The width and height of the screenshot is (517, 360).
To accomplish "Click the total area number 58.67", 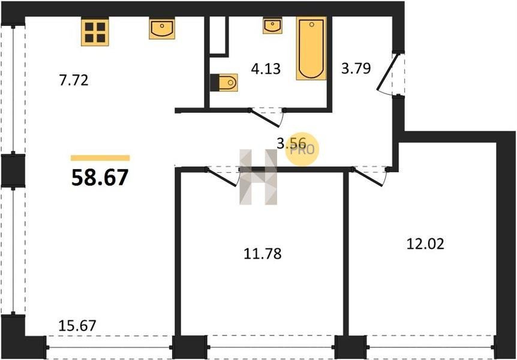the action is (100, 178).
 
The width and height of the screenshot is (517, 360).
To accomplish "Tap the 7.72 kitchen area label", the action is (74, 80).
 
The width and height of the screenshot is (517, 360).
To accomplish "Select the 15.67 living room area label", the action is (77, 326).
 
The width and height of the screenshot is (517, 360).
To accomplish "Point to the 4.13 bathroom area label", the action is (266, 69).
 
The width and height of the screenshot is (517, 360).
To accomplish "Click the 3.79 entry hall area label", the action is (356, 68).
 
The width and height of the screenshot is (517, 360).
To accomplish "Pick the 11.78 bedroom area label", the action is (263, 254).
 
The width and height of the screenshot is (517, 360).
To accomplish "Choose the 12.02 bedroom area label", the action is (425, 244).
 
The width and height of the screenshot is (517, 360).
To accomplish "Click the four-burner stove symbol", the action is (95, 32).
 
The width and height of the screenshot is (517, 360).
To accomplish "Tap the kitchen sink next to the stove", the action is (162, 29).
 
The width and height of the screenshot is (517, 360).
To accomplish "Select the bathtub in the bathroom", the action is (311, 48).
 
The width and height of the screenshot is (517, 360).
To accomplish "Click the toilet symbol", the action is (224, 82).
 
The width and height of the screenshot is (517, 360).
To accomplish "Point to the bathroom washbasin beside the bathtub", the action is (272, 26).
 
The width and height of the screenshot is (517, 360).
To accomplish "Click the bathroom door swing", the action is (266, 117).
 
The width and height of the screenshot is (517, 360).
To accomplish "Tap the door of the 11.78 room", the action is (223, 178).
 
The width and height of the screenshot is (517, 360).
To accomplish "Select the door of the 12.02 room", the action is (369, 178).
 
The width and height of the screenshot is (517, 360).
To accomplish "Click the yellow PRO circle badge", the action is (302, 151).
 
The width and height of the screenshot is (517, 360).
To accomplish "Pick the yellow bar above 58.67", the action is (100, 158).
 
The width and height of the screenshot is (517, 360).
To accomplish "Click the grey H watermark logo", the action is (258, 177).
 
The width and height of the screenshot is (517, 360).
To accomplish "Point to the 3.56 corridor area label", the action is (291, 143).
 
